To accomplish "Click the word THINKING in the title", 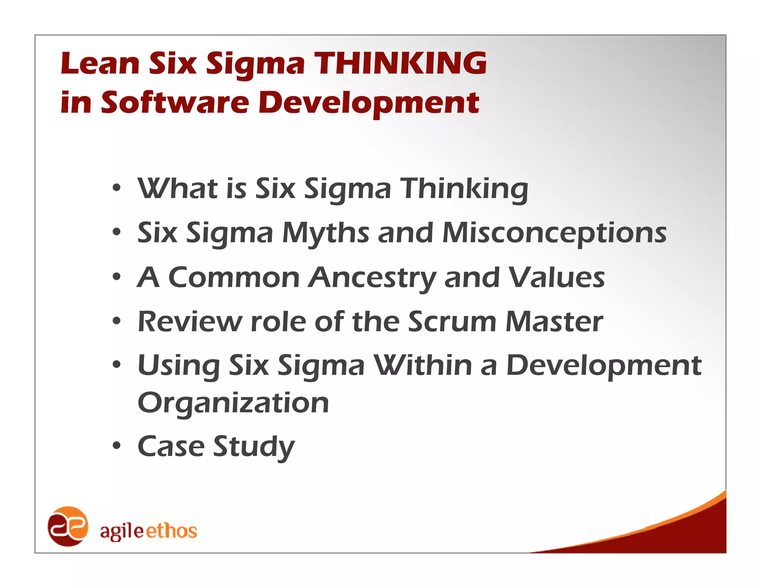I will [x=400, y=63].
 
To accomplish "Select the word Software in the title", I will [x=175, y=103].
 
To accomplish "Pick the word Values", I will [x=556, y=278].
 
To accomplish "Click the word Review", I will [x=190, y=322].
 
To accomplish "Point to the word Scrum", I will [x=452, y=322].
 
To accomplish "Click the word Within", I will [x=423, y=365].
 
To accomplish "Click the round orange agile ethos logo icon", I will [x=68, y=526].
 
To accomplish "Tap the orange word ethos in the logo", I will [x=171, y=531].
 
